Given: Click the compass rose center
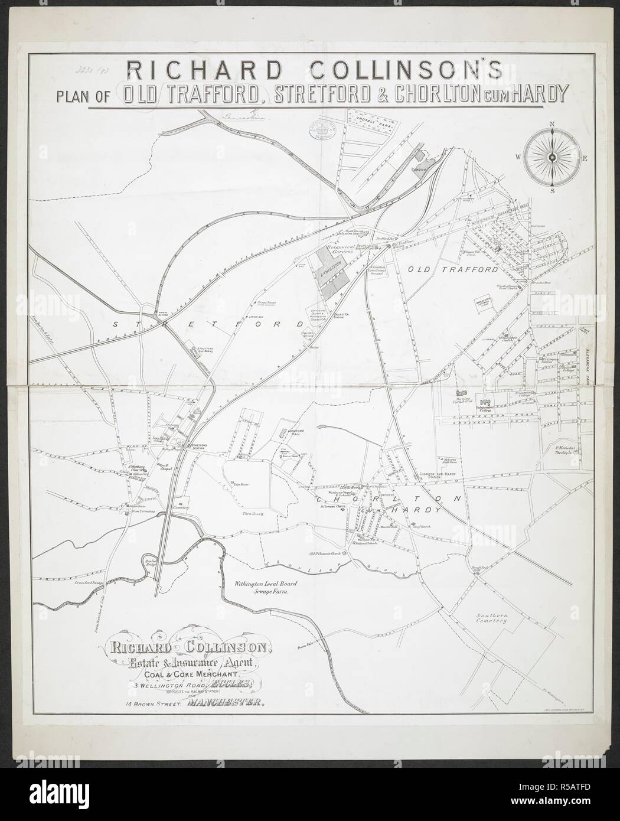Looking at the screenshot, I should (552, 157).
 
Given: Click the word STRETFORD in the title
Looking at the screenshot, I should (318, 95).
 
